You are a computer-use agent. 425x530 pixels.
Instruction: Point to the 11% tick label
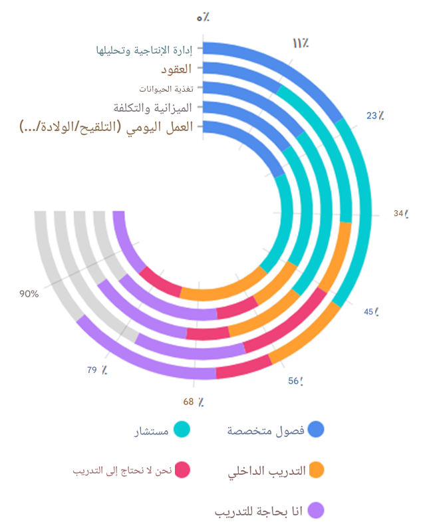coord(300,44)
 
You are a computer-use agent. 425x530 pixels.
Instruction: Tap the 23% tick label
coord(375,116)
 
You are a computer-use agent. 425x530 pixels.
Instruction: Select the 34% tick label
coord(400,213)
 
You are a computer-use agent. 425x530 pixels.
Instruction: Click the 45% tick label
coord(372,312)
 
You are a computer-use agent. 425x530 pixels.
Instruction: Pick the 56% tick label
coord(296,381)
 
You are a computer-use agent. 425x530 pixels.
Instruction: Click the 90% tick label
coord(29,293)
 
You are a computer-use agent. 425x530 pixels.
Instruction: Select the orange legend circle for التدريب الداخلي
coord(317,470)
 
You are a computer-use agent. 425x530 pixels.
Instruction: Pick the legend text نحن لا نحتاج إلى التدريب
coord(122,470)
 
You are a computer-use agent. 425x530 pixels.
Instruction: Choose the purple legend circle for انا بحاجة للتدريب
coord(317,511)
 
